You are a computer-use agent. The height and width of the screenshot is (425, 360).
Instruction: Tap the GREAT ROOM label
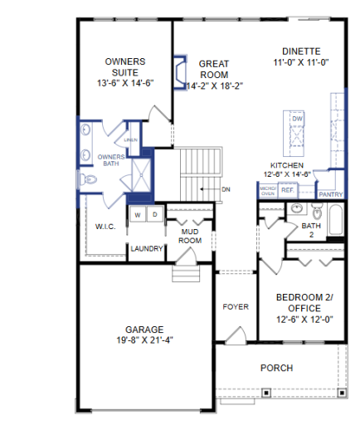click(x=214, y=69)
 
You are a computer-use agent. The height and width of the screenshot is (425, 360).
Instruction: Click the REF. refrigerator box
click(x=288, y=190)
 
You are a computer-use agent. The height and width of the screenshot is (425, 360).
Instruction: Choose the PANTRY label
click(x=330, y=194)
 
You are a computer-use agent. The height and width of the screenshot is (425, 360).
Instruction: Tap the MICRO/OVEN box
click(x=267, y=190)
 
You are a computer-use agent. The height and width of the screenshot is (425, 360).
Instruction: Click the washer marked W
click(x=139, y=215)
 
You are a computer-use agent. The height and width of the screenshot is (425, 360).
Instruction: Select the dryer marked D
click(x=153, y=215)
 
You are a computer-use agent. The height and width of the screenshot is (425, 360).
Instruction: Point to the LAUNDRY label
click(x=146, y=248)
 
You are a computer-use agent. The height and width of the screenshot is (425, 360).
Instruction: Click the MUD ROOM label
click(x=192, y=236)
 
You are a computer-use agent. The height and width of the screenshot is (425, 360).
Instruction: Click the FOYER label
click(x=236, y=307)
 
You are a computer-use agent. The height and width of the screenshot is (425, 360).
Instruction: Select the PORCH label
click(x=276, y=368)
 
